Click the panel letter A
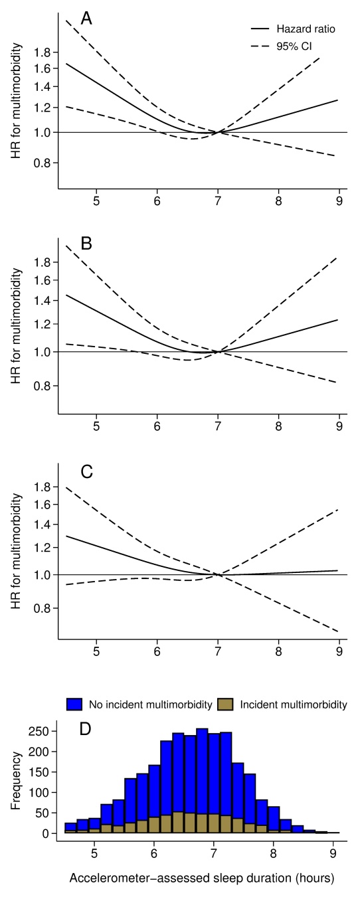(86, 19)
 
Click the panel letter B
(86, 244)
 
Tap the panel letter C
(87, 471)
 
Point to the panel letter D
(85, 729)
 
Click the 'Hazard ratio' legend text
(306, 29)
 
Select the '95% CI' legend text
(294, 46)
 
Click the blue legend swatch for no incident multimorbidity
(74, 704)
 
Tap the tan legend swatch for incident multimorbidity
(225, 704)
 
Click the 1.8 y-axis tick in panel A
(43, 52)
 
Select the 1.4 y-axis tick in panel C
(43, 525)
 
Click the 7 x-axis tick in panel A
(218, 201)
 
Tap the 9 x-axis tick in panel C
(339, 651)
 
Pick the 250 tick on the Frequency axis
(43, 731)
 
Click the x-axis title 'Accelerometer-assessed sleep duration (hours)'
(202, 878)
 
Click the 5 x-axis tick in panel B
(96, 426)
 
